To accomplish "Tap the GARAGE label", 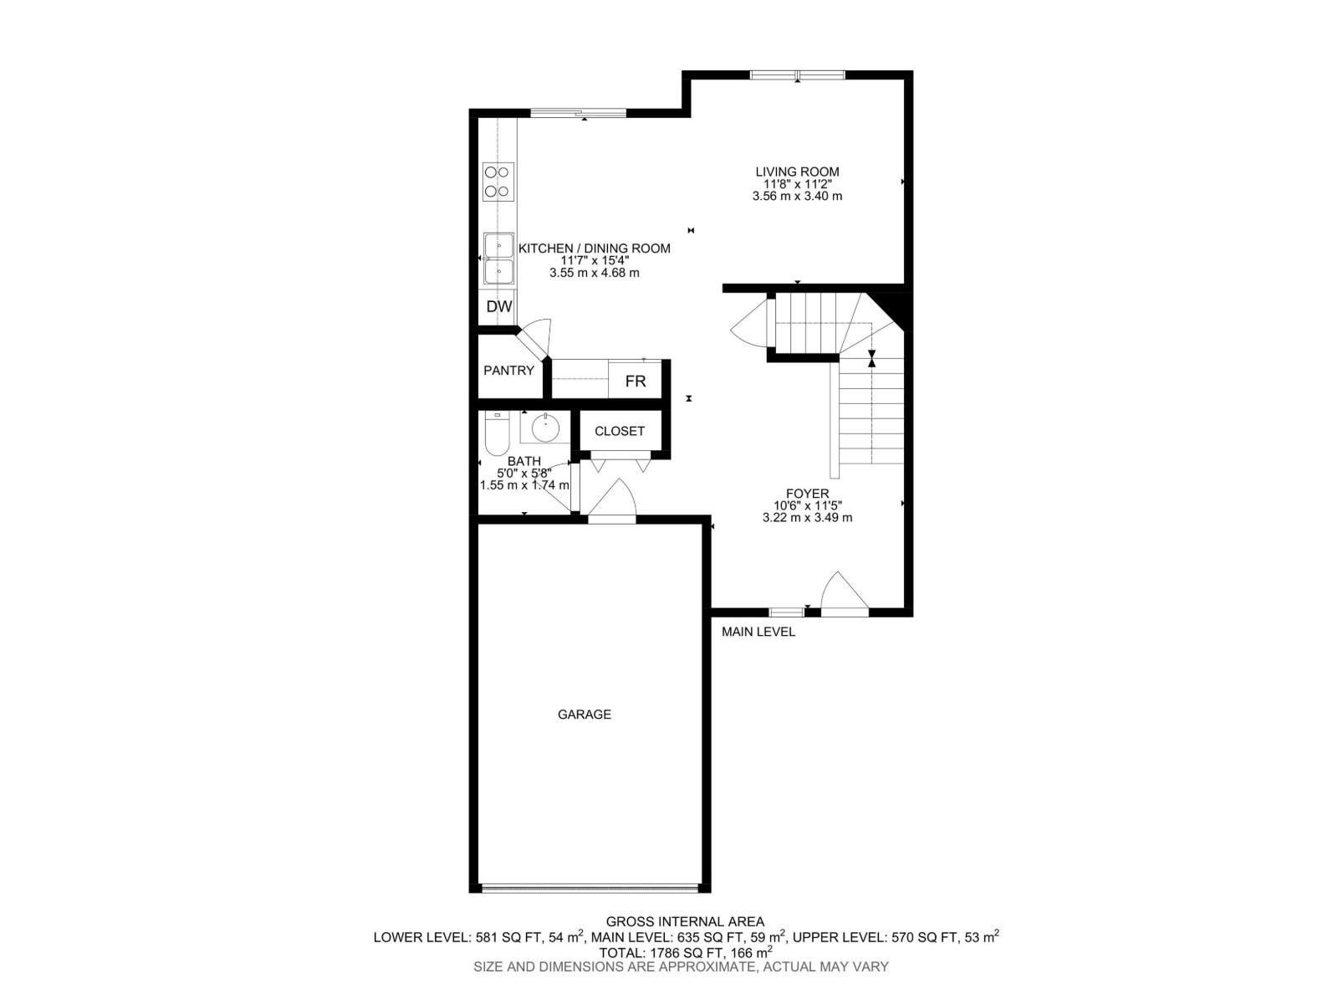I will coord(585,715).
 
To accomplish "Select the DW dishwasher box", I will coord(499,307).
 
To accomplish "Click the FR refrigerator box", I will coord(636,382).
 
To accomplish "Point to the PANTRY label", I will coord(508,371).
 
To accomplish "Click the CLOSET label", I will coord(620,432).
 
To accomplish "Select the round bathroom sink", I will coord(545,428).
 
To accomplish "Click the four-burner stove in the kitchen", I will coord(498,182).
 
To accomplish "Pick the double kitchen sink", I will coord(499,259).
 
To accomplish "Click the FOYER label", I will coord(807,494).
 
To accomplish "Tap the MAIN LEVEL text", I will coord(758,632).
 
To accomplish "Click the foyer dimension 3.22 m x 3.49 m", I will coord(807,518).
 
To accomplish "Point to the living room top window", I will coord(797,75).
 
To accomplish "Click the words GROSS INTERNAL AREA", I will coord(685,922).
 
